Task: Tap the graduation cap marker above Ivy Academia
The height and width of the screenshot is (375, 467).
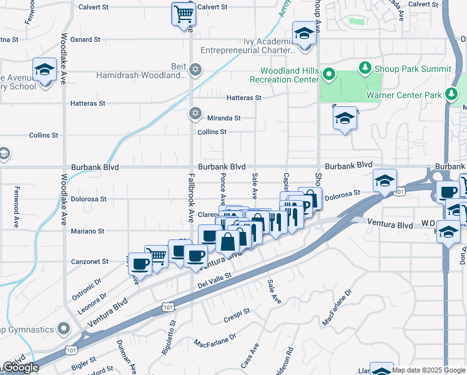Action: point(304,34)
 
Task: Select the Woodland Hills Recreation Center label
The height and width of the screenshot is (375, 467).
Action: point(285,75)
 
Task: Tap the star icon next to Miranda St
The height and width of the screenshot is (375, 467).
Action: point(195,113)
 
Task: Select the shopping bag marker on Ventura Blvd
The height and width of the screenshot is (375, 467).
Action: point(228,241)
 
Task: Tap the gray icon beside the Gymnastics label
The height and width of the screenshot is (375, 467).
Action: point(63,328)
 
